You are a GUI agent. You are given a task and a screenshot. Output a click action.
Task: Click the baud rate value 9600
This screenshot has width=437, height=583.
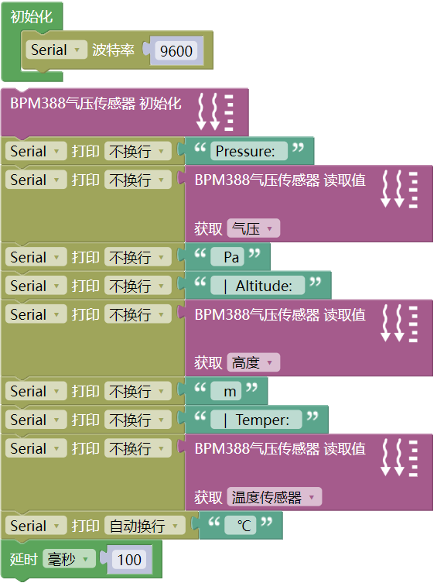(x=176, y=50)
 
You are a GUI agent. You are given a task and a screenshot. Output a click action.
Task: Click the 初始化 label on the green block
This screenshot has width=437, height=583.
(x=31, y=17)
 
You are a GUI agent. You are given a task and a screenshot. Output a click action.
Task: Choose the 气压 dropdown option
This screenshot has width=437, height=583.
(x=253, y=228)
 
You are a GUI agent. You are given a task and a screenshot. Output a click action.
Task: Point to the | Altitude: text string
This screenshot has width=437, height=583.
(x=258, y=286)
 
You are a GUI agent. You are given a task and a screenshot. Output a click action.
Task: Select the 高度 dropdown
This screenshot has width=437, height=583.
(x=253, y=362)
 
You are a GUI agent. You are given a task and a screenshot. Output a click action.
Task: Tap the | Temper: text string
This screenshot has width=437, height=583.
(x=256, y=420)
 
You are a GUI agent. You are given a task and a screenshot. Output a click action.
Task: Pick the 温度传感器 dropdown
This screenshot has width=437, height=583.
(x=275, y=497)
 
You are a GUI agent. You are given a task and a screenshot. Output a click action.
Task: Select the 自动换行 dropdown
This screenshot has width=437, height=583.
(x=145, y=526)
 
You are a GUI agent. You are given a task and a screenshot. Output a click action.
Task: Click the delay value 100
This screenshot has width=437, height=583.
(x=129, y=559)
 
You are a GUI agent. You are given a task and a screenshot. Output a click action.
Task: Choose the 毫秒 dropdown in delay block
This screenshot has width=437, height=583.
(x=69, y=559)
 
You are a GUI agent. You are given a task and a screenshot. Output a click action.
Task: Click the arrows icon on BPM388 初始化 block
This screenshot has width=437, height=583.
(x=215, y=112)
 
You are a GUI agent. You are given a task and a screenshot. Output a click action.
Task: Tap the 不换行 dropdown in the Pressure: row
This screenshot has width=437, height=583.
(x=138, y=151)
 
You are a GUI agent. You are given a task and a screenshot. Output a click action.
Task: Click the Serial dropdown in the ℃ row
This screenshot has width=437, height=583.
(x=36, y=526)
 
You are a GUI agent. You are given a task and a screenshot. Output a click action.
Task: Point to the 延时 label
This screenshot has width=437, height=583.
(x=23, y=559)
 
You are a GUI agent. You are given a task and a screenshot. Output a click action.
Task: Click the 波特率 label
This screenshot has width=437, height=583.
(x=113, y=50)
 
